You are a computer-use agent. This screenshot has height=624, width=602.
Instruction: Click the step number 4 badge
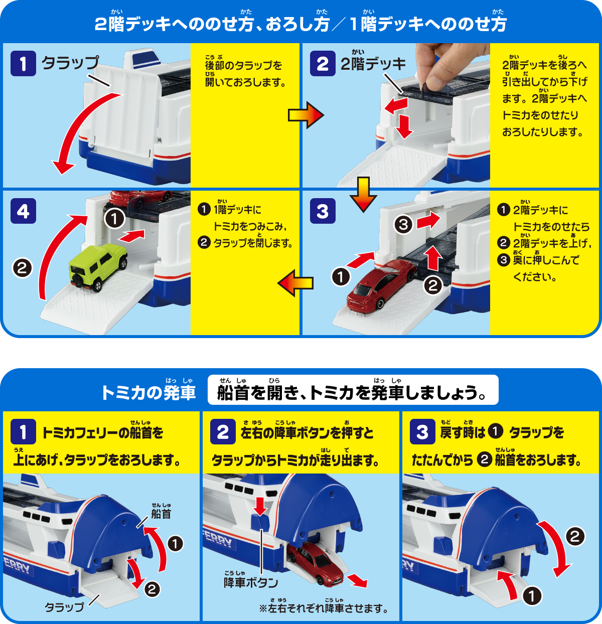click(23, 211)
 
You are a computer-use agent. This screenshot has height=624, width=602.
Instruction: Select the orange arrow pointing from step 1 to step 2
click(306, 115)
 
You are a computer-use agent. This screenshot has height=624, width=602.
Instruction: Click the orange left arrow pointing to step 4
click(295, 283)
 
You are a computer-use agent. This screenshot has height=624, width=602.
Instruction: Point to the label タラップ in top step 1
click(70, 63)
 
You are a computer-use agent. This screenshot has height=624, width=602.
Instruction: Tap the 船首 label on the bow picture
click(161, 514)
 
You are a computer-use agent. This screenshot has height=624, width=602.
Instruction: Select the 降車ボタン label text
click(250, 582)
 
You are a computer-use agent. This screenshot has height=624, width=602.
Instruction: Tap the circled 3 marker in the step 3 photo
click(403, 224)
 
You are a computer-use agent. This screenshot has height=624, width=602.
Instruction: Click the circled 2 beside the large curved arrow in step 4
click(22, 268)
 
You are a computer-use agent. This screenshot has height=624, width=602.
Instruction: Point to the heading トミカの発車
click(148, 392)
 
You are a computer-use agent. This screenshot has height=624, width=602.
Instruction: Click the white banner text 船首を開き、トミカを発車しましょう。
click(353, 392)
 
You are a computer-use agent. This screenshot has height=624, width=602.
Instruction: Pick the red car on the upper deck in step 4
click(140, 197)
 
